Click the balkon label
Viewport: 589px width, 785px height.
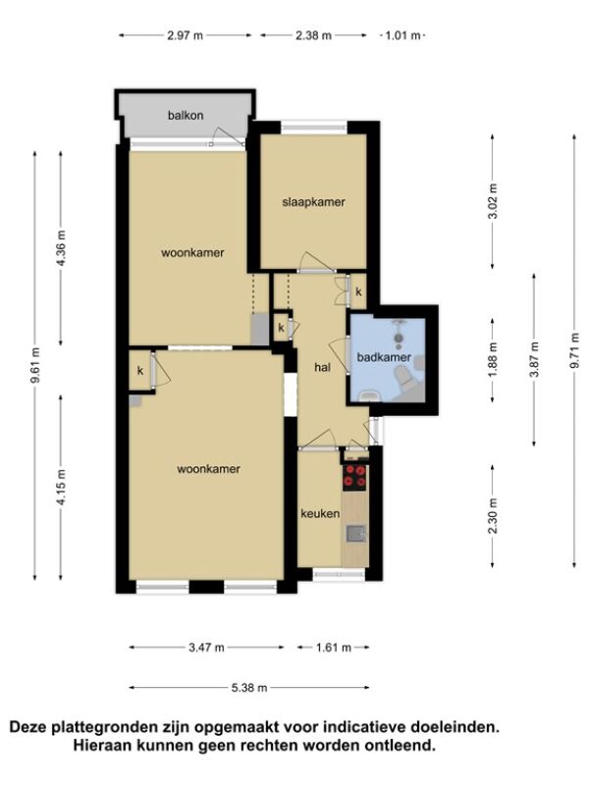186,115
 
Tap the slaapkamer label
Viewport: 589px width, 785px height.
313,202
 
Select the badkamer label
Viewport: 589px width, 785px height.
384,357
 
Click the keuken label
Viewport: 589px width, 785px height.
320,513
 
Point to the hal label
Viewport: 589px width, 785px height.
323,367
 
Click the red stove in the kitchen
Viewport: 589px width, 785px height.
354,477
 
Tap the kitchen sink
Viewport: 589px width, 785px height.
355,534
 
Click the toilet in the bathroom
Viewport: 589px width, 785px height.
405,378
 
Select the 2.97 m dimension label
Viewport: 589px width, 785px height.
186,35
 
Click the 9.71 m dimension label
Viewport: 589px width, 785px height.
574,350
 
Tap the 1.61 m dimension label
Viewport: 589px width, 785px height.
334,648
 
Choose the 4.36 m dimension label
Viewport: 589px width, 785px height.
61,249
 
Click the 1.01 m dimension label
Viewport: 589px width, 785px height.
403,35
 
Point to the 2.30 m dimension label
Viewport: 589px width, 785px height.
493,516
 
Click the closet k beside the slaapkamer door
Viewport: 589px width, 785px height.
358,291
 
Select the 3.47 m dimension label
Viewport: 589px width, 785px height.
206,648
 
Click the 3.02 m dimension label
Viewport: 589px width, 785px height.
493,201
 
